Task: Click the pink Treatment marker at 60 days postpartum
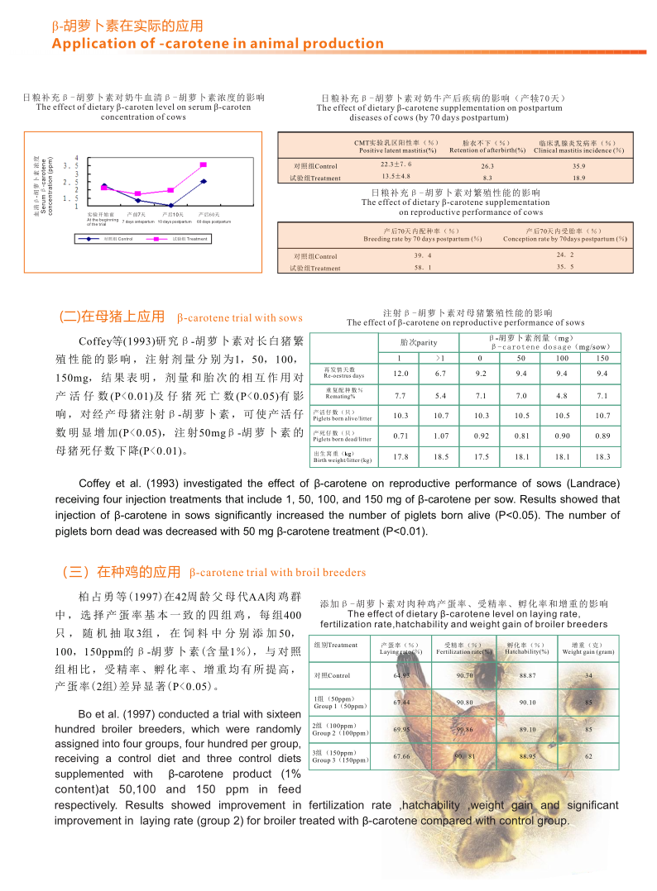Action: point(204,165)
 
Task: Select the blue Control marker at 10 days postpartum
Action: point(170,205)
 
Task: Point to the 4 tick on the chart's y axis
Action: point(77,158)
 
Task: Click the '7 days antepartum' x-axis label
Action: point(138,222)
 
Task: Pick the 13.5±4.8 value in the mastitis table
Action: point(396,177)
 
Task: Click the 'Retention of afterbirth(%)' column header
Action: point(487,150)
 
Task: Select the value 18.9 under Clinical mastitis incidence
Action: point(579,178)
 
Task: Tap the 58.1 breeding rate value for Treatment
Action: point(422,268)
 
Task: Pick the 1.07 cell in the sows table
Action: point(441,436)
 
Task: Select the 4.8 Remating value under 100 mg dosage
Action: point(562,396)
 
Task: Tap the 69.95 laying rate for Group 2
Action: point(401,729)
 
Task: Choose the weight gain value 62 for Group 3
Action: point(588,755)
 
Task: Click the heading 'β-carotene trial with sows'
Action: point(240,318)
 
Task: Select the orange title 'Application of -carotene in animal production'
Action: point(218,44)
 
